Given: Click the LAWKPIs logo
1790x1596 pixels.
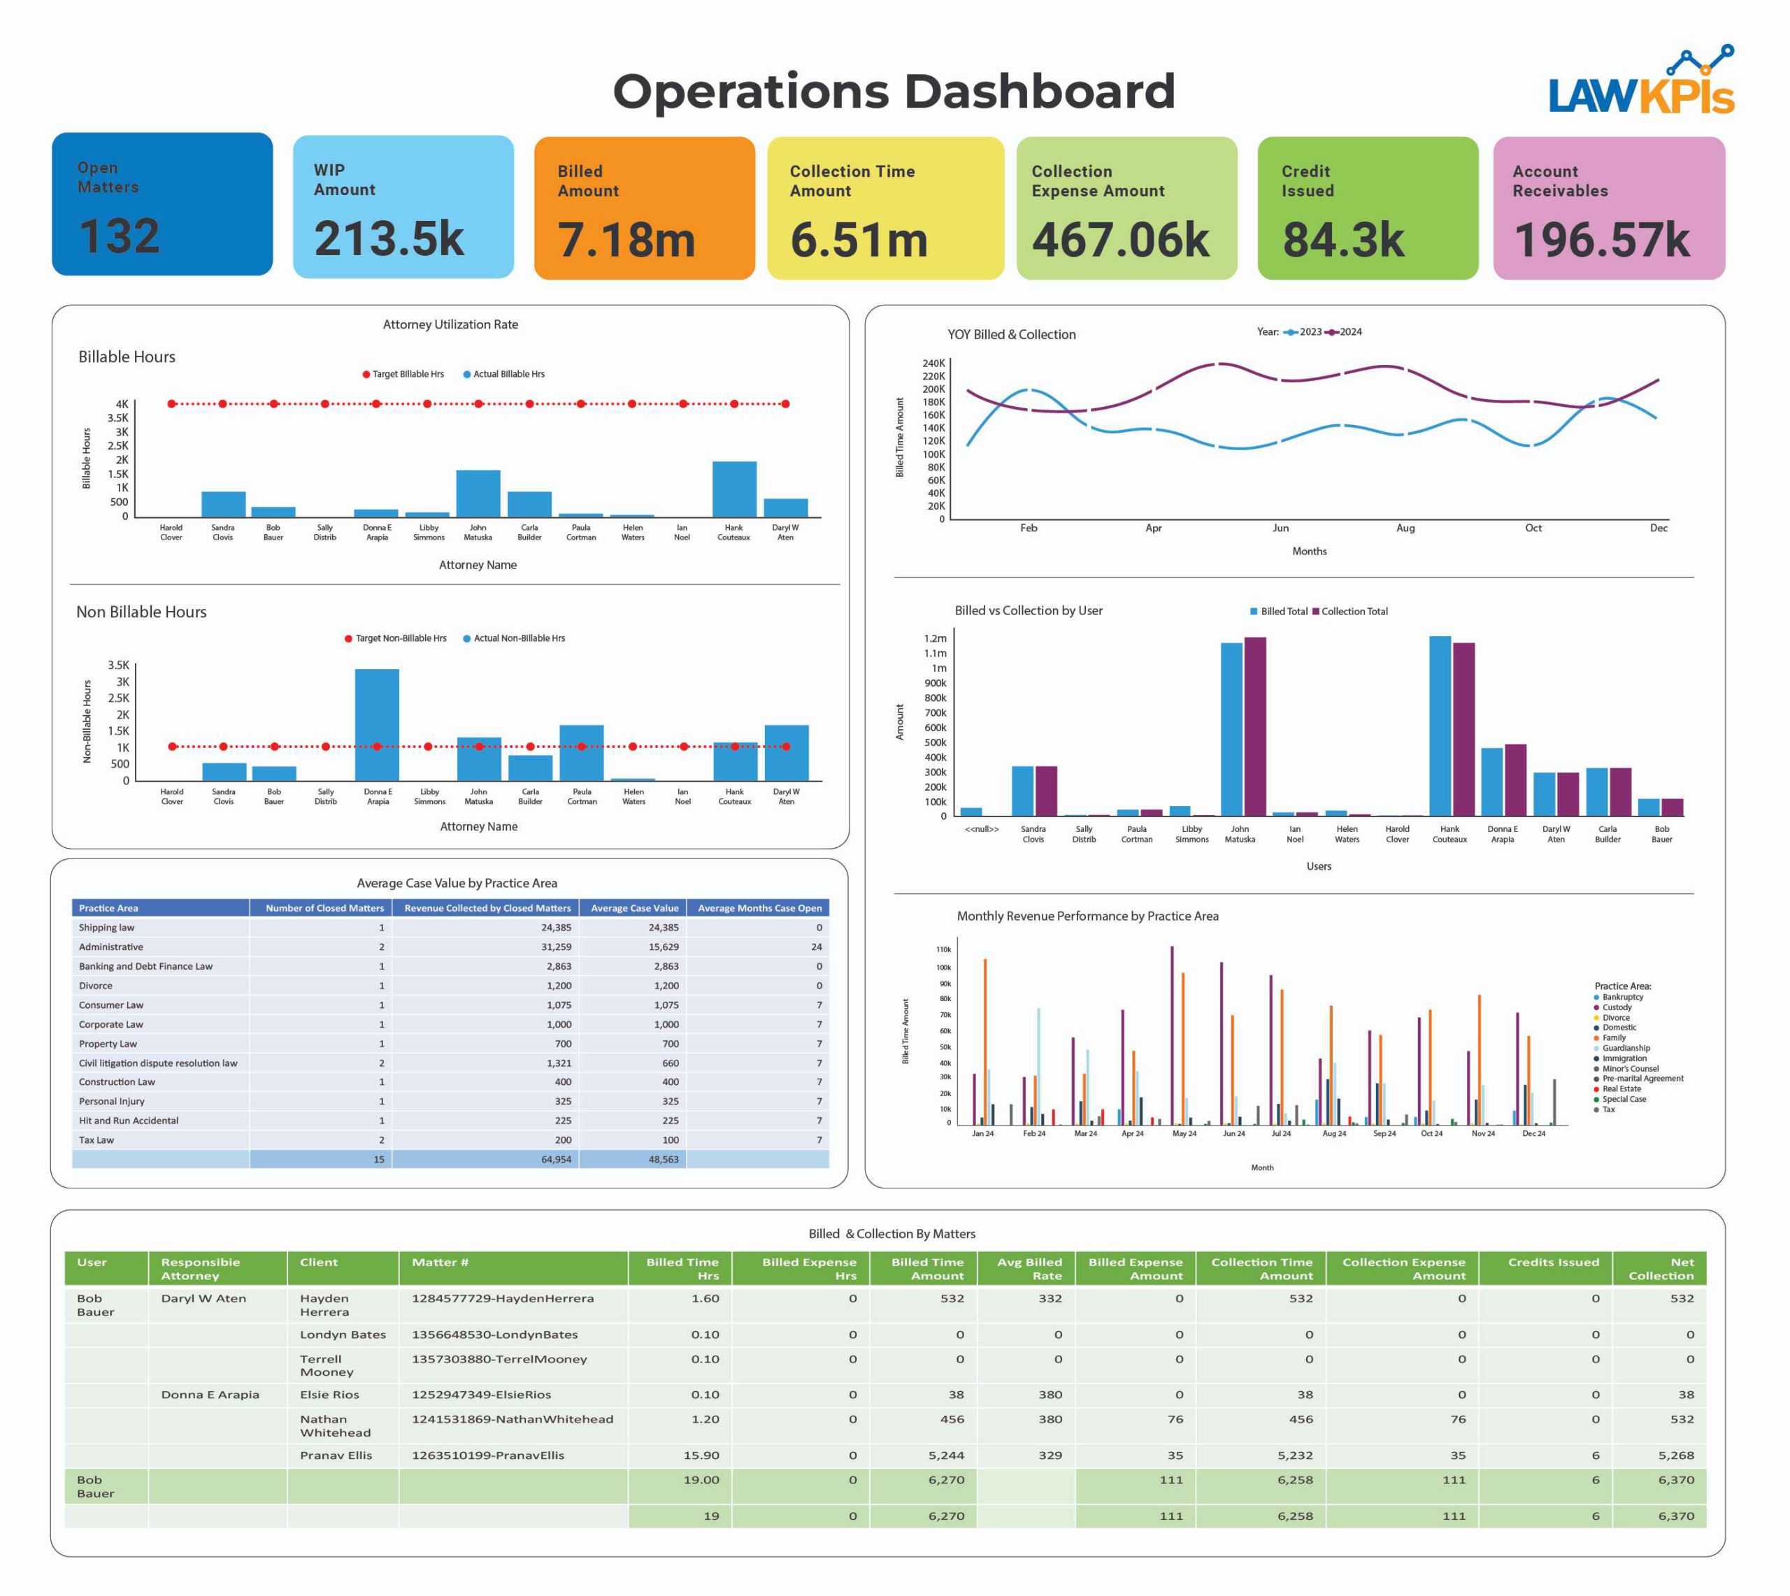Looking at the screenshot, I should (x=1640, y=83).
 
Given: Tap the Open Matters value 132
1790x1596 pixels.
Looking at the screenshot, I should (x=120, y=235).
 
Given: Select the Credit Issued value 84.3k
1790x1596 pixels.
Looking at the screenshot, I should (x=1342, y=240).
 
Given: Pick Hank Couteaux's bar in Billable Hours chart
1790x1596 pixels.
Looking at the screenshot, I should (x=734, y=489).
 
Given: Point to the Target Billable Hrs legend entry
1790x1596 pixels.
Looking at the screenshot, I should (x=403, y=375).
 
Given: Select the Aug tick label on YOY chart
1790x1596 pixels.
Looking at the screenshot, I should (x=1405, y=528).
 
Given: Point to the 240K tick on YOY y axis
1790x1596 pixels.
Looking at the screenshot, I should (x=933, y=363).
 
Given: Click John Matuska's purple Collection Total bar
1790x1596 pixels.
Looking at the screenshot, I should (x=1255, y=726).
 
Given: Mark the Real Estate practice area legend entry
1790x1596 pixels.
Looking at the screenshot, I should (x=1620, y=1089).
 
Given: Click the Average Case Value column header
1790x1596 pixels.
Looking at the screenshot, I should (x=634, y=907).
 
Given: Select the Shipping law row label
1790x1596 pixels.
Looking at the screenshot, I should (x=106, y=928).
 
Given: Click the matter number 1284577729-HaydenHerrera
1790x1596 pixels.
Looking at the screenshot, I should (x=503, y=1299).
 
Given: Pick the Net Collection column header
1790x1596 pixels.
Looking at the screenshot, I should (x=1660, y=1269).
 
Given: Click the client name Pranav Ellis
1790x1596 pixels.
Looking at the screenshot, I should (x=336, y=1455).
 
